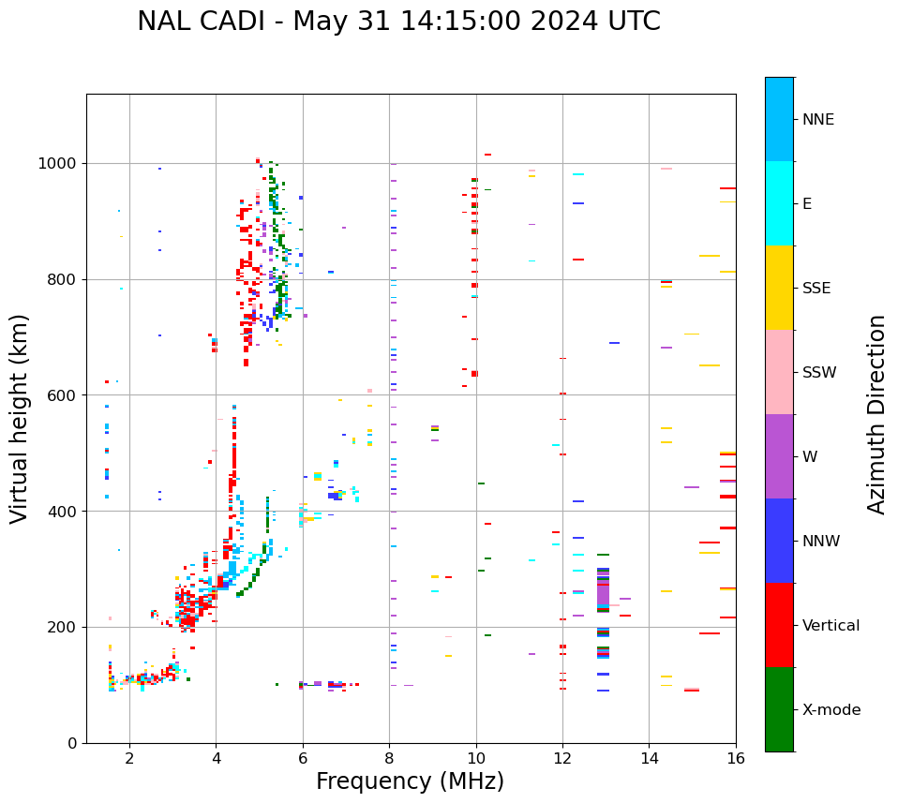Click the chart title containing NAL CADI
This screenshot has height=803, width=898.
tap(398, 22)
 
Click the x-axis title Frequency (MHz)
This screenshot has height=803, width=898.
tap(410, 781)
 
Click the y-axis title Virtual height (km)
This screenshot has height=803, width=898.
tap(20, 418)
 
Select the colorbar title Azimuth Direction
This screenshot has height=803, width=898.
tap(876, 414)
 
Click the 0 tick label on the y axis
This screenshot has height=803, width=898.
tap(71, 743)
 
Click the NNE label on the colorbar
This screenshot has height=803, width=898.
tap(818, 120)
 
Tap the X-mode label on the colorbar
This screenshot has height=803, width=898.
tap(831, 710)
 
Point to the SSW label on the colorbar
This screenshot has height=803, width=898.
tap(819, 373)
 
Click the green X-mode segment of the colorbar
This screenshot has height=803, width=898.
tap(779, 709)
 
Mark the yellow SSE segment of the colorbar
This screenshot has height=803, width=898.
tap(779, 288)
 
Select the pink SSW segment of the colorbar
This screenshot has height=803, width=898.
tap(779, 372)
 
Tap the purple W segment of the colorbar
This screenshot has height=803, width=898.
tap(779, 456)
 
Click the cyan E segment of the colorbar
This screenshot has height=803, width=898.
tap(779, 203)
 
